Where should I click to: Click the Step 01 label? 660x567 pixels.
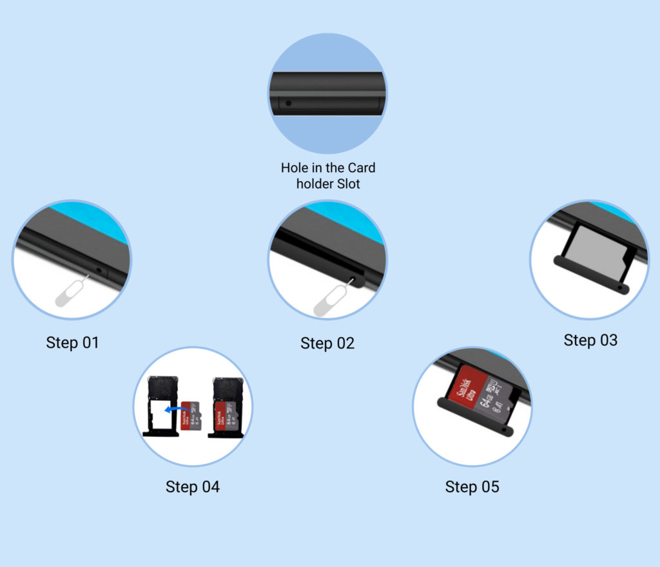(72, 342)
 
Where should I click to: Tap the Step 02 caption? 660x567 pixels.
(327, 343)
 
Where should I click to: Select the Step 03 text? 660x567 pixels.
(590, 340)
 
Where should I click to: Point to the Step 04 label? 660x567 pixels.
(193, 486)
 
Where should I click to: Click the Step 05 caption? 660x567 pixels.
(472, 486)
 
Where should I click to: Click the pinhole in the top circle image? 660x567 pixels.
(288, 102)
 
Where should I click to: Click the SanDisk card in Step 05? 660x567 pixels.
(480, 393)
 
